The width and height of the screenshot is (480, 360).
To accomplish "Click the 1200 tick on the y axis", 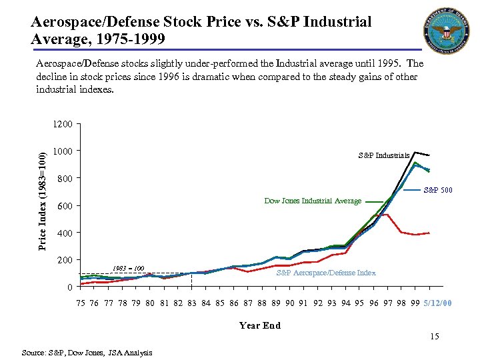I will click(x=64, y=124).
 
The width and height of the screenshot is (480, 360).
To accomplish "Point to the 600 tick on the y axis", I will click(x=64, y=206).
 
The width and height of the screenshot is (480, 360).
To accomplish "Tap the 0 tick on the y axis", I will click(x=69, y=287).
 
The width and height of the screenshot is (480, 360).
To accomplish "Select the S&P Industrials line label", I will click(x=383, y=155).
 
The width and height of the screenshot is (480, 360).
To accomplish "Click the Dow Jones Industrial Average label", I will click(x=313, y=201).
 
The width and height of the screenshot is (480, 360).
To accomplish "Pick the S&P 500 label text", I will click(x=439, y=191).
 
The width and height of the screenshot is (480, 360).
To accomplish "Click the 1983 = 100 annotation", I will click(x=129, y=268).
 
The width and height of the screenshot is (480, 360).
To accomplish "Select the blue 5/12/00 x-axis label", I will click(x=437, y=303).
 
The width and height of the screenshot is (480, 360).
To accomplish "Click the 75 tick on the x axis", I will click(x=81, y=303).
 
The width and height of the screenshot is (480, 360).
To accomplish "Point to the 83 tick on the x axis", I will click(x=192, y=303).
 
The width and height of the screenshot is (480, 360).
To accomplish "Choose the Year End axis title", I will click(x=259, y=325).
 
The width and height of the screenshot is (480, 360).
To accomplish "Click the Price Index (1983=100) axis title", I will click(x=42, y=201).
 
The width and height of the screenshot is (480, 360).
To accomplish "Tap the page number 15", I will click(x=434, y=337).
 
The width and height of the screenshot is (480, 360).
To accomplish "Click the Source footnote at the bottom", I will click(x=87, y=352).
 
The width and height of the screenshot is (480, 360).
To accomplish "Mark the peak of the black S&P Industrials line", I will click(x=415, y=152).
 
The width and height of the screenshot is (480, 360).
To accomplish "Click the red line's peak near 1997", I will click(x=386, y=214).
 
